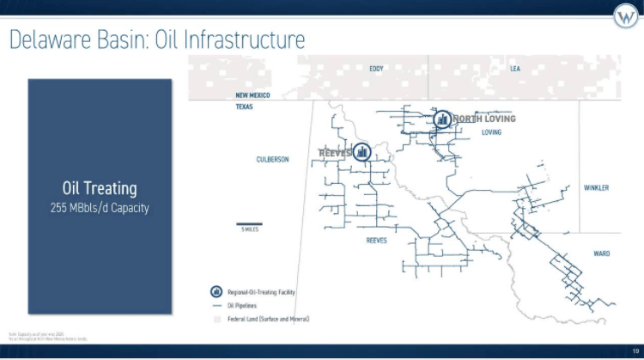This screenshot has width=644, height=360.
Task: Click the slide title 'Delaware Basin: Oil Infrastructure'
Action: click(x=157, y=40)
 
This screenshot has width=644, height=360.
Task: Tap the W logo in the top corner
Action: click(x=624, y=16)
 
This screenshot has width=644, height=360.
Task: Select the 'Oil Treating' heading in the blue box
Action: click(x=99, y=188)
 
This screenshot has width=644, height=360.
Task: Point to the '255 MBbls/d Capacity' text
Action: click(x=99, y=207)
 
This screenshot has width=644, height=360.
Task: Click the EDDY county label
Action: click(x=376, y=69)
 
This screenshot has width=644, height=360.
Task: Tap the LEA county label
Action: click(x=515, y=69)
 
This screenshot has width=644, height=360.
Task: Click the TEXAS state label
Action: click(x=245, y=107)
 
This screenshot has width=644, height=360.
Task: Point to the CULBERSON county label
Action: click(x=272, y=160)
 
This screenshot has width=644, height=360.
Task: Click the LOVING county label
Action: click(x=491, y=132)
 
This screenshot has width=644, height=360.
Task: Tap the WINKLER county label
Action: click(x=596, y=188)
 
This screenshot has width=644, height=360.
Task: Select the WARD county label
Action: click(x=601, y=253)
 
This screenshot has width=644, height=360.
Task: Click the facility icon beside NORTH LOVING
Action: click(x=442, y=119)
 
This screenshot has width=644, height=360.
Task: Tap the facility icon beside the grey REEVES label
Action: click(x=361, y=152)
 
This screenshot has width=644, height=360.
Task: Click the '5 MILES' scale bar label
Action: click(x=250, y=229)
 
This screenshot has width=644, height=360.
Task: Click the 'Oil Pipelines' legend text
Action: click(x=242, y=305)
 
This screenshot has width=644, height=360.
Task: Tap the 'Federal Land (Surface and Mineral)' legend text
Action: click(x=268, y=319)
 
